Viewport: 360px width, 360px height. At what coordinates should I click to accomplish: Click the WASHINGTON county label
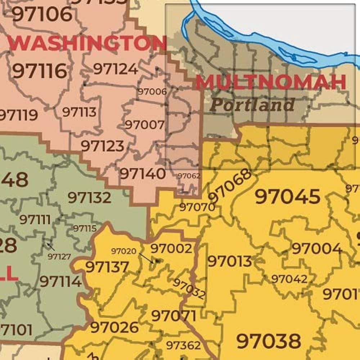86,43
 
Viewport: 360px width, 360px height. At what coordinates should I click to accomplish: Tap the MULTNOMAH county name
271,82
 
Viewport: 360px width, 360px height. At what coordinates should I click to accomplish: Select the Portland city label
252,105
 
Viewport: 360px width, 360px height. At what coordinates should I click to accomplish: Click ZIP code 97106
42,14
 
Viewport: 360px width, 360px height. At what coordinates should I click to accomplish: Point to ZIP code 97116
39,71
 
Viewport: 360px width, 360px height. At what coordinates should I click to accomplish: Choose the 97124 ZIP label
116,69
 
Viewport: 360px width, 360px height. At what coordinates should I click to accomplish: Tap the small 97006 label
152,91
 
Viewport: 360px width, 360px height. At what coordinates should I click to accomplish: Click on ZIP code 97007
145,125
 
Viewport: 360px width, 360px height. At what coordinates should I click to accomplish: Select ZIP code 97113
79,112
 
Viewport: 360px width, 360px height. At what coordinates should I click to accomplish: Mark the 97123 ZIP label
102,146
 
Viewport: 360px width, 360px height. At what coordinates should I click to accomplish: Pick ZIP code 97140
143,174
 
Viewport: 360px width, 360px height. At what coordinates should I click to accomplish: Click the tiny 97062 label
189,176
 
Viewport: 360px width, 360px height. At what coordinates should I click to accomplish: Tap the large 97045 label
287,197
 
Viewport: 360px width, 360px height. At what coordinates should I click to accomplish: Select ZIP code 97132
89,197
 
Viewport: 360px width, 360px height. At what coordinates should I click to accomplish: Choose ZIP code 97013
230,262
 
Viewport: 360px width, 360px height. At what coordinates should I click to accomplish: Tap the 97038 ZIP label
269,341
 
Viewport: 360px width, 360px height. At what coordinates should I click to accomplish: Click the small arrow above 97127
51,247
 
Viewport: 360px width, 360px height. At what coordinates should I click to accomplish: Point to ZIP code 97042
289,279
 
